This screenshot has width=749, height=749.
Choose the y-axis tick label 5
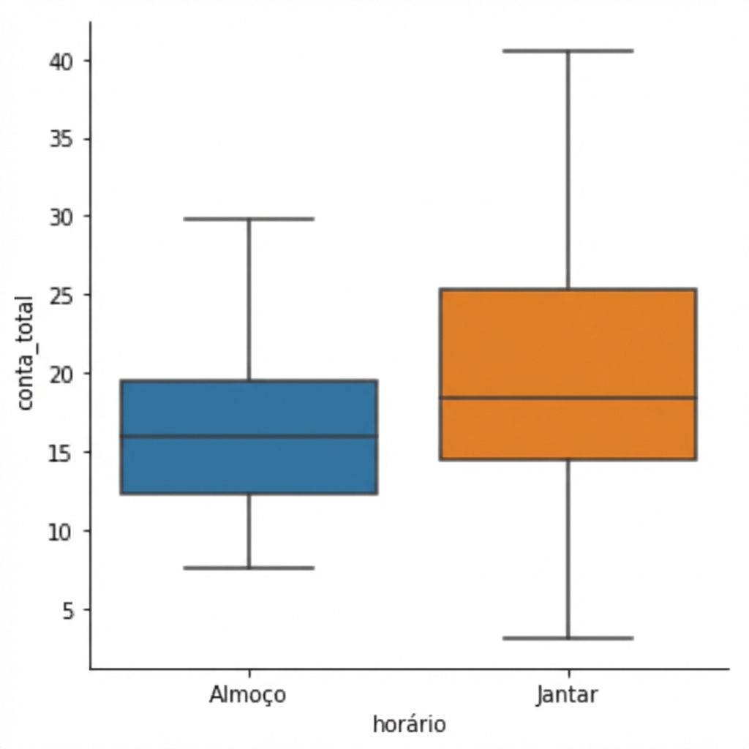(67, 609)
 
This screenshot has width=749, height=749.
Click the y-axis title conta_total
(25, 353)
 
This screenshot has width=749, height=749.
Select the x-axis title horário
(409, 724)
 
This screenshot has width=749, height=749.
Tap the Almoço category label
(248, 695)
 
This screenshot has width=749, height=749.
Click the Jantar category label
(567, 695)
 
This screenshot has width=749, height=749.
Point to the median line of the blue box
(249, 436)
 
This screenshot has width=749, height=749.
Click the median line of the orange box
(568, 398)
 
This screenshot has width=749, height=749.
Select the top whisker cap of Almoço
(249, 219)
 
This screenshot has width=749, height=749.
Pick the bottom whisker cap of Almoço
(249, 568)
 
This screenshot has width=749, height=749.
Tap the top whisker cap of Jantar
(568, 51)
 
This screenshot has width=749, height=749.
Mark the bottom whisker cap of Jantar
(568, 638)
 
